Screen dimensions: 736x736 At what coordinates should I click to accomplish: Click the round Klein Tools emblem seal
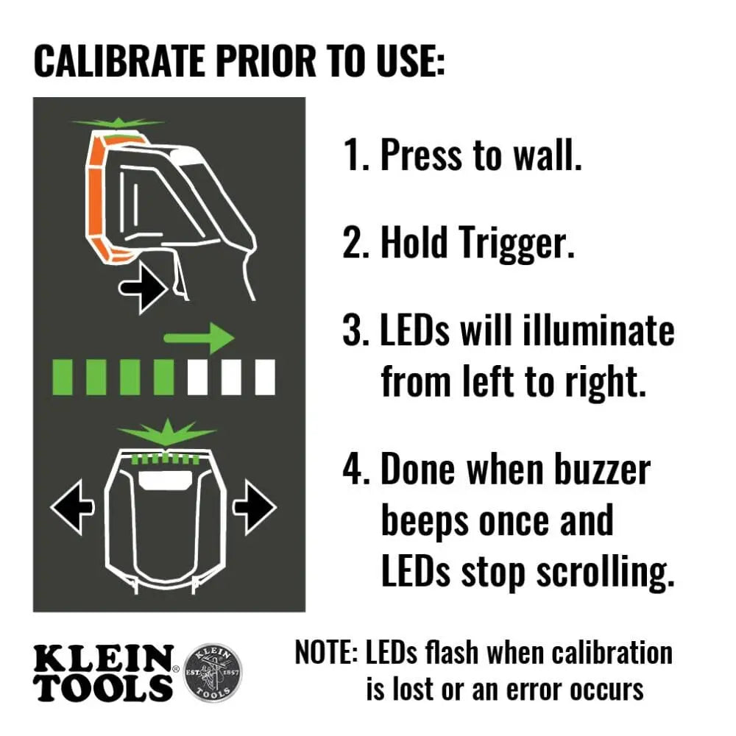point(211,673)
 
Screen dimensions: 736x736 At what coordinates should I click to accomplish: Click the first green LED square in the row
point(63,377)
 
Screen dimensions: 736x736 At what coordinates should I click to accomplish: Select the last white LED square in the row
point(265,377)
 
